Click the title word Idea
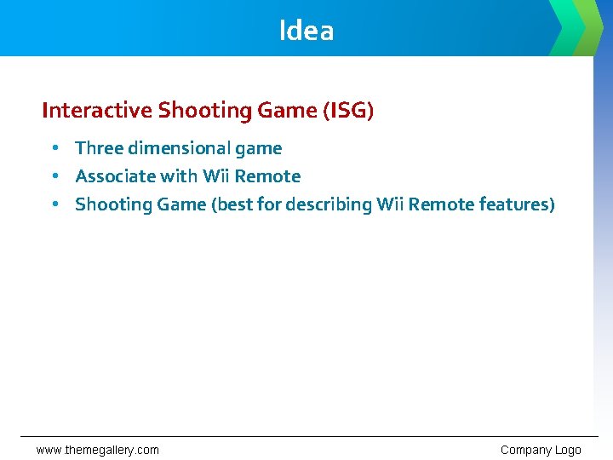pyautogui.click(x=306, y=31)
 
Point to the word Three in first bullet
pyautogui.click(x=99, y=148)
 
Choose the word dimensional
pyautogui.click(x=180, y=148)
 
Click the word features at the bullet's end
pyautogui.click(x=516, y=204)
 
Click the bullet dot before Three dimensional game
pyautogui.click(x=54, y=148)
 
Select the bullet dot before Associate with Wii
pyautogui.click(x=54, y=176)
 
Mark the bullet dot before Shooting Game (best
pyautogui.click(x=54, y=204)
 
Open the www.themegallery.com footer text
pyautogui.click(x=97, y=450)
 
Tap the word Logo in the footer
pyautogui.click(x=568, y=450)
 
